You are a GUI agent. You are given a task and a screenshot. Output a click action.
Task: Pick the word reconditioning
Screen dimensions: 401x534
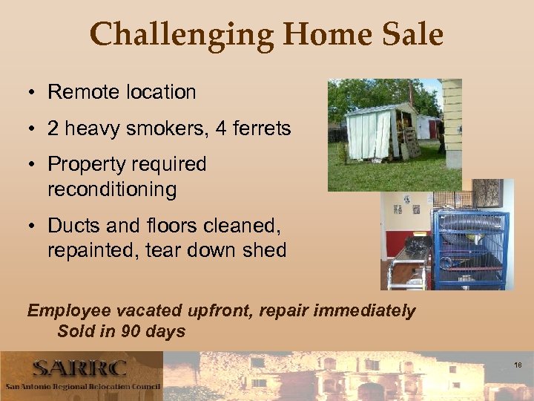(112, 189)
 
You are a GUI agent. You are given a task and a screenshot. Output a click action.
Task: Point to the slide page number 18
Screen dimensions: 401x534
(518, 365)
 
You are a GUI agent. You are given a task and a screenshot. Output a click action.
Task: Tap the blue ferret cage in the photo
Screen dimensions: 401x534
(470, 249)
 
